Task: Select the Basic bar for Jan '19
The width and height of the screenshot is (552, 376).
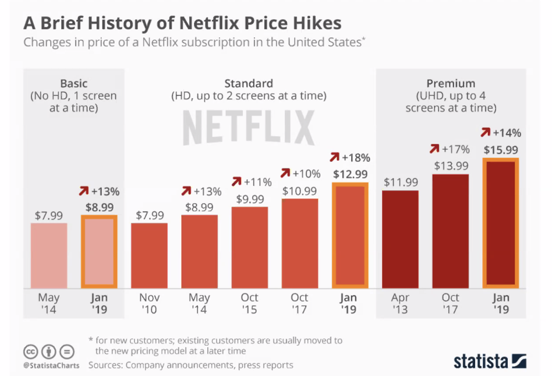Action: [x=99, y=251]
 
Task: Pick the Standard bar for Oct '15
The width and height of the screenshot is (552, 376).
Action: [x=249, y=247]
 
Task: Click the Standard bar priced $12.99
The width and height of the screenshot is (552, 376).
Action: [x=350, y=236]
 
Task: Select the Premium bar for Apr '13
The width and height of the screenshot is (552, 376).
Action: [x=400, y=239]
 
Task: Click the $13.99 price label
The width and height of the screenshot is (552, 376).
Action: [x=450, y=166]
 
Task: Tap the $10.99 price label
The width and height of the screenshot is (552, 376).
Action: [x=299, y=190]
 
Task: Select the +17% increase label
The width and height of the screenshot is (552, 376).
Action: [x=456, y=149]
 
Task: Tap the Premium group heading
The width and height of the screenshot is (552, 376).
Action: [x=451, y=83]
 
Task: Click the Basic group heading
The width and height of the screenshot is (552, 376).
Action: [x=74, y=83]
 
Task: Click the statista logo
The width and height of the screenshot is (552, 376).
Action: [x=490, y=360]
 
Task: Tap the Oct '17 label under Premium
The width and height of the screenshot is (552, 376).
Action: [x=450, y=303]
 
